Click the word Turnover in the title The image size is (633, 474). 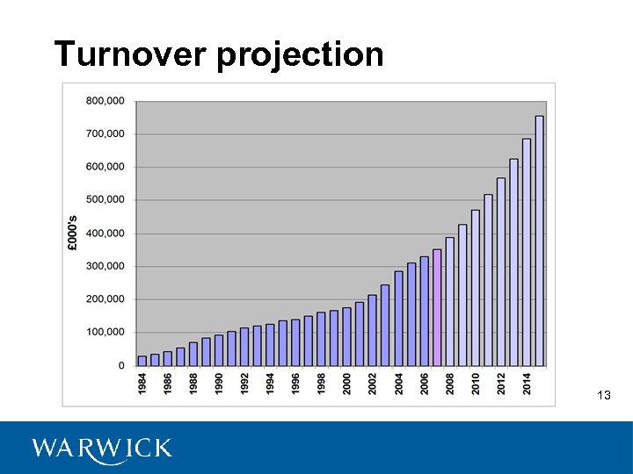tap(131, 54)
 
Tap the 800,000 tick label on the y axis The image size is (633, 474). tap(105, 100)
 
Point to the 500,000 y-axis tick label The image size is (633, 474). tap(105, 199)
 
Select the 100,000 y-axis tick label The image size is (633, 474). tap(105, 332)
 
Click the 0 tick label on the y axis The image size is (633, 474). tap(120, 365)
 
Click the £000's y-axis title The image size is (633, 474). tap(73, 233)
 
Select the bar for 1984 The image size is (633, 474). tap(142, 361)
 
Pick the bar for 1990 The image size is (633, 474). tap(219, 350)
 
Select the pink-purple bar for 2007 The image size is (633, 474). tap(437, 307)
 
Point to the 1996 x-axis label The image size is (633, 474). tap(296, 383)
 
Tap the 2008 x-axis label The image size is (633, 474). tap(450, 383)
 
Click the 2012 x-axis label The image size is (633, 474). tap(501, 383)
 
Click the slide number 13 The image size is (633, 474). tap(603, 396)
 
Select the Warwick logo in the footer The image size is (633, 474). tap(102, 449)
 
